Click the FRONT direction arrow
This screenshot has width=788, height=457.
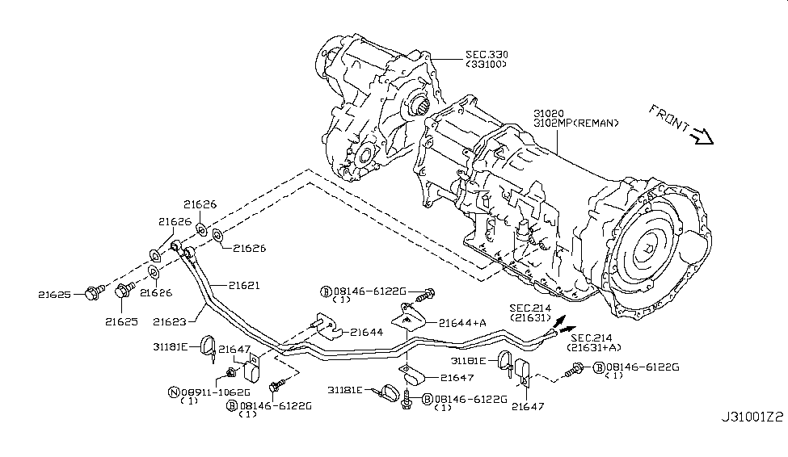coord(702,136)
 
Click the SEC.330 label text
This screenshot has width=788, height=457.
coord(487,54)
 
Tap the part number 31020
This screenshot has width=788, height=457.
coord(548,114)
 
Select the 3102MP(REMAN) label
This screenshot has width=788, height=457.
coord(576,123)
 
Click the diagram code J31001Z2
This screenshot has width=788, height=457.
coord(752,417)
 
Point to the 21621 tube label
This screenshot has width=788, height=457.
coord(244,285)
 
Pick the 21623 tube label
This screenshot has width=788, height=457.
coord(170,321)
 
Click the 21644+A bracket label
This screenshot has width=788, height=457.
coord(462,323)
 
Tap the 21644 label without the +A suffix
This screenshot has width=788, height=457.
coord(367,332)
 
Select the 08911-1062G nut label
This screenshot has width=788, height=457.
coord(215,392)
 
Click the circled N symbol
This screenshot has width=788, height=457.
coord(174,392)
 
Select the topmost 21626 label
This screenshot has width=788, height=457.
coord(200,204)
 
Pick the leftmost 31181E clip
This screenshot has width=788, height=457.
coord(209,347)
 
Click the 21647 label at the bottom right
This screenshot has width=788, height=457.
coord(528,406)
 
